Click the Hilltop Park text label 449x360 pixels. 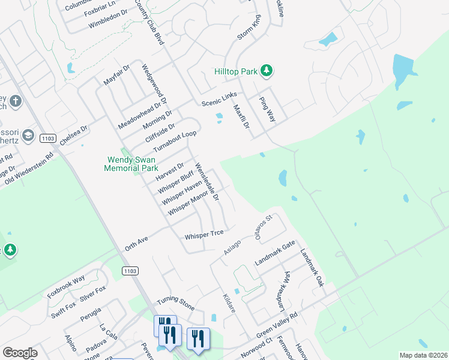tap(236, 71)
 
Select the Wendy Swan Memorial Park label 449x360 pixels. tap(131, 164)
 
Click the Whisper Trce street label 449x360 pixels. tap(204, 234)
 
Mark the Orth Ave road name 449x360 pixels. tap(136, 243)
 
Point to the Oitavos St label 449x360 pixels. tap(265, 227)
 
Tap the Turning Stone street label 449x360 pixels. tap(175, 304)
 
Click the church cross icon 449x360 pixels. tap(16, 101)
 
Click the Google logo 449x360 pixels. tap(20, 353)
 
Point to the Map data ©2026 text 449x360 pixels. tap(423, 355)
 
